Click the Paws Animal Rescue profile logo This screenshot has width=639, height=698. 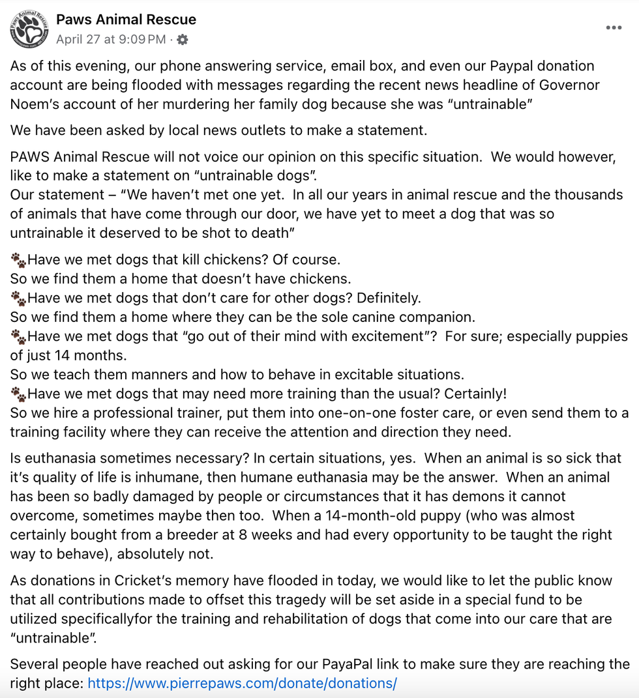coord(29,29)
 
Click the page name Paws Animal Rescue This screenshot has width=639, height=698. coord(126,20)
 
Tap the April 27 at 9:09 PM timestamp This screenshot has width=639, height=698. coord(111,40)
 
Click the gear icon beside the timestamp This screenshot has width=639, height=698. coord(183,40)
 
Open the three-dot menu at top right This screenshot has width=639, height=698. coord(614,28)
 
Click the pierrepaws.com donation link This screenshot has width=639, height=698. coord(242,684)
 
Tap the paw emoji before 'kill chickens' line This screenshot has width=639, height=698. coord(18,260)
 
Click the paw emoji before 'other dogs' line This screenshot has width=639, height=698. coord(18,298)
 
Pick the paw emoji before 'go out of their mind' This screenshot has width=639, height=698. coord(18,337)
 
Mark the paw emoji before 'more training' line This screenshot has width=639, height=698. coord(18,394)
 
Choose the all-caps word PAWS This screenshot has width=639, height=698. coord(31,157)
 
